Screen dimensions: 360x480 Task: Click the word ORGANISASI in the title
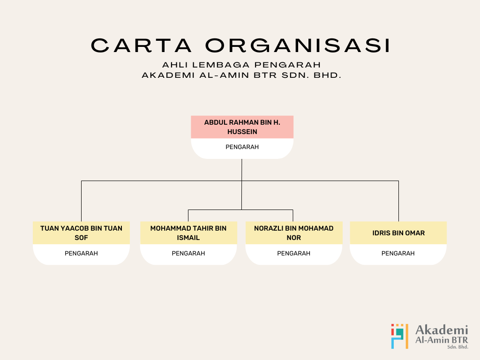pos(298,45)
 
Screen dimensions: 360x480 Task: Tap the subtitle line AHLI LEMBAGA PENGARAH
pos(241,65)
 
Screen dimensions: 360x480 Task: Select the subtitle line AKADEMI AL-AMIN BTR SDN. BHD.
pos(241,75)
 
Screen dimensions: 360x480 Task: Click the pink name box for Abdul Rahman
pos(242,127)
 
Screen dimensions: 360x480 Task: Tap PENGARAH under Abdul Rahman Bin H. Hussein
pos(242,147)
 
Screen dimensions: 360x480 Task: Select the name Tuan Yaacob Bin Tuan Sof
pos(81,233)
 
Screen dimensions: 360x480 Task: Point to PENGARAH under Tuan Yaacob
pos(81,254)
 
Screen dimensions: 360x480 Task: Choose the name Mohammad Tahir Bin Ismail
pos(188,233)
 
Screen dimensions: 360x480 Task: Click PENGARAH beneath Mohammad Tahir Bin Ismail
pos(188,254)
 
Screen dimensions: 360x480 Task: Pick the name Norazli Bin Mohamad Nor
pos(294,233)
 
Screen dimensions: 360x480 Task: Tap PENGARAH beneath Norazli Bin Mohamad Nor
pos(294,254)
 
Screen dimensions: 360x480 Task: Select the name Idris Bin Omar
pos(398,233)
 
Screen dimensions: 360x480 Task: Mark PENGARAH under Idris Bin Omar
pos(398,254)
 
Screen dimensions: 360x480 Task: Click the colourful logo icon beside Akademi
pos(399,336)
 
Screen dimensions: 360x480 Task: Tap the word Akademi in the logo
pos(442,329)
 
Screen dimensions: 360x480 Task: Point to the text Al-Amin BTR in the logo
pos(442,340)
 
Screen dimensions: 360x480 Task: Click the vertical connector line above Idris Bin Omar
pos(398,202)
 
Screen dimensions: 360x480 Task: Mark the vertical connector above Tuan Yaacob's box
pos(81,202)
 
